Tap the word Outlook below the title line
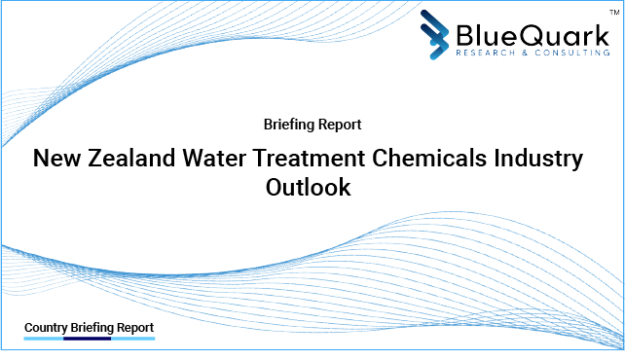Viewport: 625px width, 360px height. (308, 188)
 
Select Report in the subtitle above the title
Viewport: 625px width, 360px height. (340, 125)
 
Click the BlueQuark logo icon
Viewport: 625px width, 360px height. (437, 34)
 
